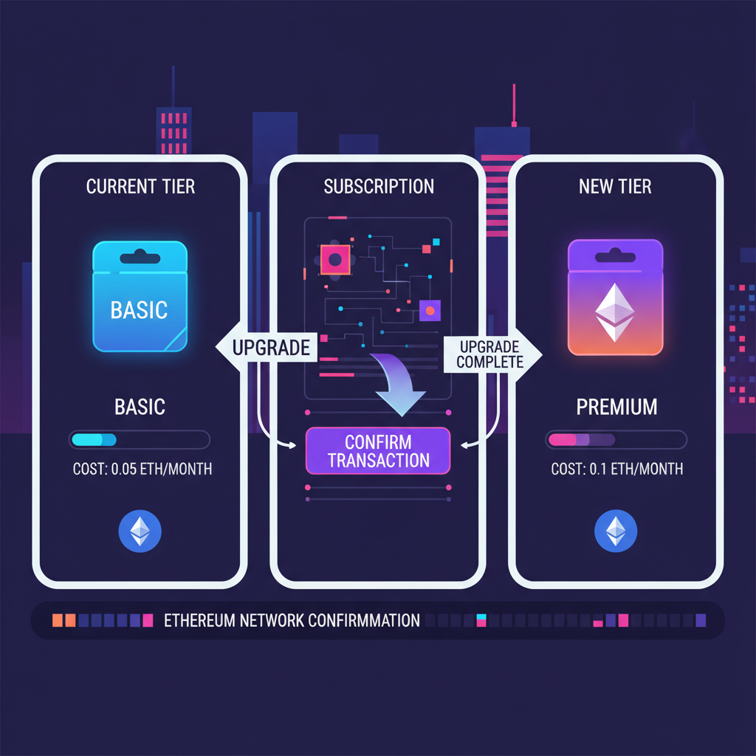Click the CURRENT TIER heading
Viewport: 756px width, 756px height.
(x=140, y=186)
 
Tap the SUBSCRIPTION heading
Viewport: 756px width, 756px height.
(x=379, y=186)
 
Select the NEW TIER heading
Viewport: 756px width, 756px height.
(x=616, y=186)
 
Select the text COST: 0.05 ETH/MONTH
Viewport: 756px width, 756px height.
(x=142, y=469)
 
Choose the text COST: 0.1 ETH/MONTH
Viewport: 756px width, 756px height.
(x=616, y=469)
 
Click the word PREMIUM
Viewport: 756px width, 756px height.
(x=616, y=406)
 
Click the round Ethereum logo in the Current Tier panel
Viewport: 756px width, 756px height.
(x=140, y=530)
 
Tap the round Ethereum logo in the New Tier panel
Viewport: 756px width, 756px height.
(x=616, y=530)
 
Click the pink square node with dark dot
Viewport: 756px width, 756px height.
(x=335, y=259)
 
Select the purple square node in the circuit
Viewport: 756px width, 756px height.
(x=430, y=311)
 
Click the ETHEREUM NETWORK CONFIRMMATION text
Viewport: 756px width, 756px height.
(x=292, y=619)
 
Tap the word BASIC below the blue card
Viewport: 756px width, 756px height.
(x=140, y=406)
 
